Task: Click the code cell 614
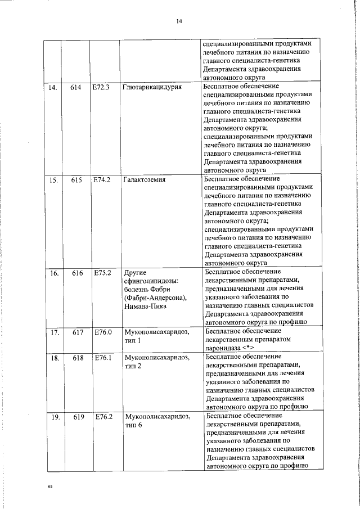[76, 88]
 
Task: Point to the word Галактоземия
[145, 181]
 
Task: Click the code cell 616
[77, 273]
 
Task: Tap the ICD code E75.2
[102, 273]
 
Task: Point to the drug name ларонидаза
[223, 349]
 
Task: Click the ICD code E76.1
[103, 358]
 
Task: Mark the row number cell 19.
[55, 417]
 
